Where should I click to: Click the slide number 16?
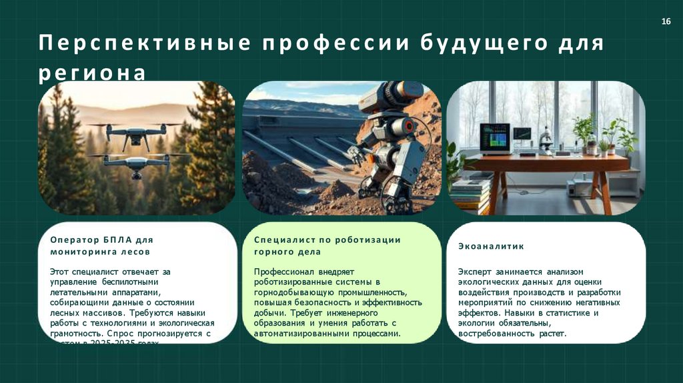(665, 23)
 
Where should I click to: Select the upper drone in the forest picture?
(136, 133)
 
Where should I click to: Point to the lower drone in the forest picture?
(137, 164)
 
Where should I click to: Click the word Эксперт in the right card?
(474, 272)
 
